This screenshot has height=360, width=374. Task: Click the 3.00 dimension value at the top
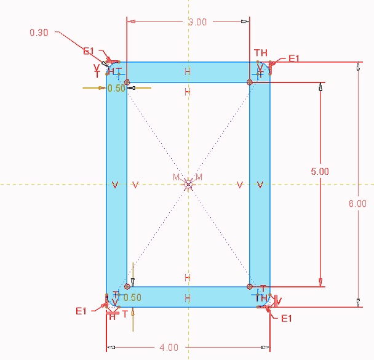point(197,22)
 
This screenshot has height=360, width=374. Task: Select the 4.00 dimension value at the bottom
point(169,348)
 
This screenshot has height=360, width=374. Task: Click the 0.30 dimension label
point(39,31)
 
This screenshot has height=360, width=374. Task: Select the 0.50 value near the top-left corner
point(116,88)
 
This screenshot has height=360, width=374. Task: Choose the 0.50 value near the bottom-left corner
point(132,298)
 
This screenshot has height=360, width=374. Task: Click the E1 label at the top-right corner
point(293,58)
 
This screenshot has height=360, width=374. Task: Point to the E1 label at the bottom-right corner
point(287,318)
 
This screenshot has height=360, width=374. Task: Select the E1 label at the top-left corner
point(89,51)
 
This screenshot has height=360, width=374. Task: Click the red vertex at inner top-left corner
point(127,82)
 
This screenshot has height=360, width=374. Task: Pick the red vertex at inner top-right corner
point(250,82)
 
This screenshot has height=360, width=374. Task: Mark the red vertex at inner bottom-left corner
point(127,286)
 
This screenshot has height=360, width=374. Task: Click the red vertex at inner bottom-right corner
point(250,286)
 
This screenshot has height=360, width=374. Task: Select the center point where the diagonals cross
point(189,183)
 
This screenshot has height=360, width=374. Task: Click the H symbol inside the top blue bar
point(188,72)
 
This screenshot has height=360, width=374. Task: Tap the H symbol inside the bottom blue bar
point(188,298)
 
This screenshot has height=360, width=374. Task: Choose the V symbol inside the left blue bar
point(116,185)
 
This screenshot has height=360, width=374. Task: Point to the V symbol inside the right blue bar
point(260,185)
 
